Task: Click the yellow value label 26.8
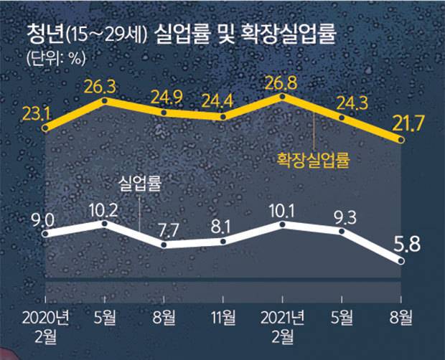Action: (284, 77)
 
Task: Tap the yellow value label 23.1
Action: (44, 111)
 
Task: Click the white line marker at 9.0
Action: (45, 233)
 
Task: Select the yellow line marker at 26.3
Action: (106, 101)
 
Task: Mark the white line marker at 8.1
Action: (225, 242)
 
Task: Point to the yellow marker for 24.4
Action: (225, 116)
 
